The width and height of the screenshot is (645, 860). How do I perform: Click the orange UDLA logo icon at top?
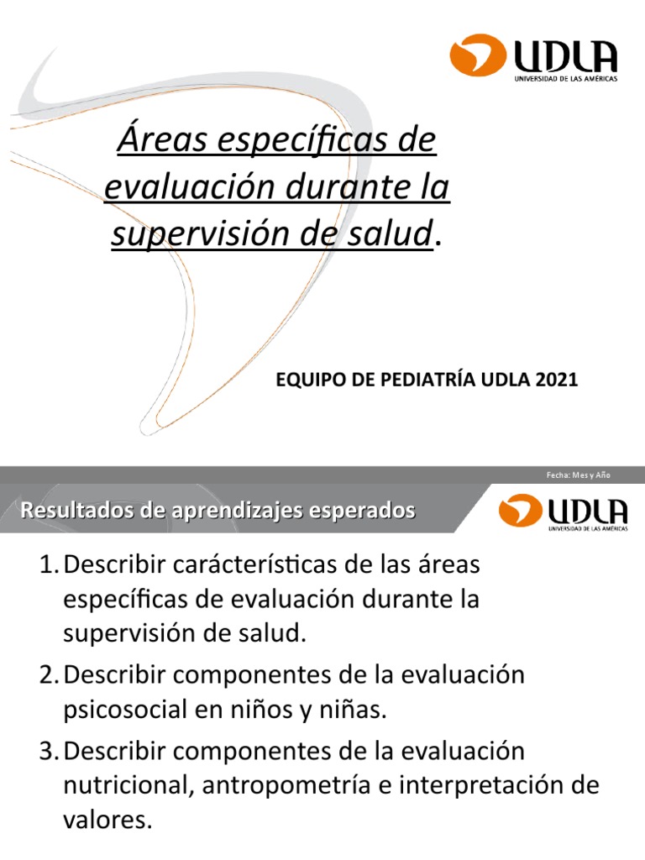pos(478,55)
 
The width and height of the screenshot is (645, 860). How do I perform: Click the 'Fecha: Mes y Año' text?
pos(579,475)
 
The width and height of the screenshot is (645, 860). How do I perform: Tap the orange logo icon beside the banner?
pos(520,511)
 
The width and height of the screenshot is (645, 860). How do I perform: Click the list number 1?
pos(47,565)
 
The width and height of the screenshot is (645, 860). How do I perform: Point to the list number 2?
pos(47,674)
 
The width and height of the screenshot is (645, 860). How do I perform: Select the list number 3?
pos(47,750)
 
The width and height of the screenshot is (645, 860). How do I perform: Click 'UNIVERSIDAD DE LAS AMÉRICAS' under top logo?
pos(565,78)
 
